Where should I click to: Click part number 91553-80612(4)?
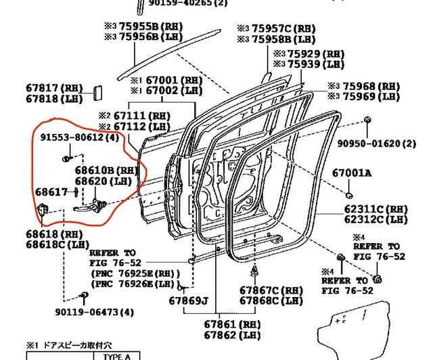click(79, 137)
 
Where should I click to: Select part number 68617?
click(51, 192)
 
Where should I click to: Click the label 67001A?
click(351, 173)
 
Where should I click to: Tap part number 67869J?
click(189, 300)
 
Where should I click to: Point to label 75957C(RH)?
click(275, 28)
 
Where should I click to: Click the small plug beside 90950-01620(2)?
click(367, 120)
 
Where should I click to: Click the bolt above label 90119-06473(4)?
click(83, 296)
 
